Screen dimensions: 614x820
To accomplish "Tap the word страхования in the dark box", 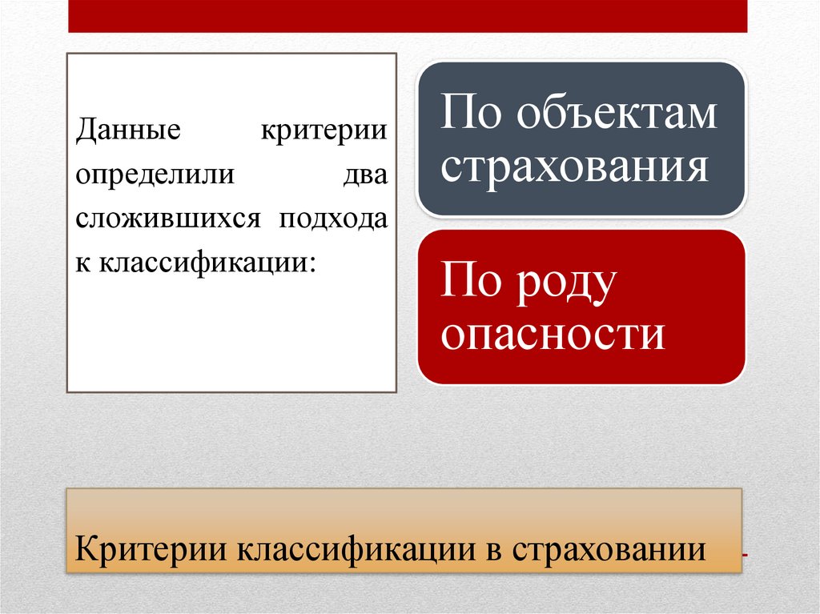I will click(576, 167).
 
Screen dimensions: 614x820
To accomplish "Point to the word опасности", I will click(553, 334).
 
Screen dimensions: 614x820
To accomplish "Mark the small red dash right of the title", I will click(746, 553).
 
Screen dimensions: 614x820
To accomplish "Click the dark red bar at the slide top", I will click(408, 15).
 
